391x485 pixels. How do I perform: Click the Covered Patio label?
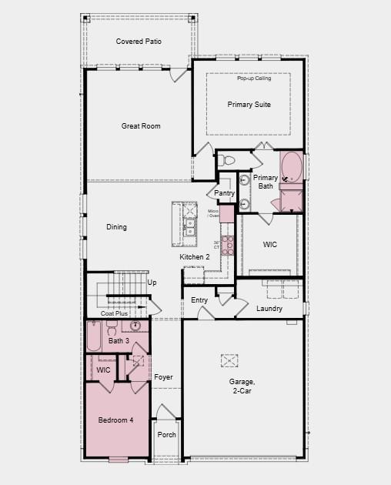coord(139,41)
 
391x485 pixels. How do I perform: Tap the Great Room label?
coord(141,125)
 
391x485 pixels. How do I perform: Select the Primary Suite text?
coord(249,104)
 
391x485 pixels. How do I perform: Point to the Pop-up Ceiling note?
coord(253,79)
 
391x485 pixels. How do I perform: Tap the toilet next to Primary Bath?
coord(226,161)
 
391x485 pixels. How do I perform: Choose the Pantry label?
coord(224,193)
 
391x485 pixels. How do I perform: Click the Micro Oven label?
coord(213,213)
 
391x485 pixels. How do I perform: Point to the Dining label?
coord(116,227)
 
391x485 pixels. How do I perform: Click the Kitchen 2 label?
coord(195,256)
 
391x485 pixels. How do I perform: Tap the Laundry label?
coord(269,309)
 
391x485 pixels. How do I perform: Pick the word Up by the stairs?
coord(152,283)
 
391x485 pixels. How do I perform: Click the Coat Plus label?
coord(114,313)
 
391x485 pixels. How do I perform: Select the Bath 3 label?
coord(119,340)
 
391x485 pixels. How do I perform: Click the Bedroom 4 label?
coord(115,420)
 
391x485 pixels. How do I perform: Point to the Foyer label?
coord(163,377)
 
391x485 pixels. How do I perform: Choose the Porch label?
coord(166,435)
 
